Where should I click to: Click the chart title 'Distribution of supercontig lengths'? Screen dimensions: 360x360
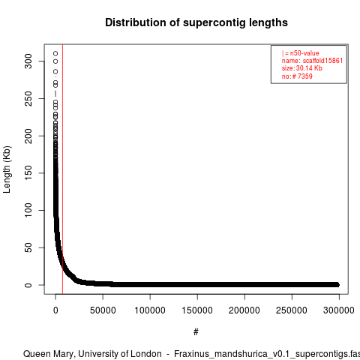tap(196, 22)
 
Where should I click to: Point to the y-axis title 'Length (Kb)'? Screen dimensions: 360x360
tap(7, 169)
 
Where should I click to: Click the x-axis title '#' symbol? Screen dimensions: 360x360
tap(196, 332)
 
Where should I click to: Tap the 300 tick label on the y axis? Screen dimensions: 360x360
tap(28, 61)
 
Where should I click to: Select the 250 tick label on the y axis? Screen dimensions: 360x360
tap(28, 98)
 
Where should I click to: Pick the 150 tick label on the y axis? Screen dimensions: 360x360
tap(28, 173)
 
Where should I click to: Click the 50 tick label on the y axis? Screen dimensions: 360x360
tap(28, 247)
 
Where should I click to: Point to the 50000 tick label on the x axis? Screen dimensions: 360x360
tap(103, 310)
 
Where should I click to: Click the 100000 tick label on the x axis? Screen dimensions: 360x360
tap(150, 310)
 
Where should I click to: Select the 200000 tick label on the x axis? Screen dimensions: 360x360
tap(244, 310)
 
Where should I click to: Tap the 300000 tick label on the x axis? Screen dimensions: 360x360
tap(339, 310)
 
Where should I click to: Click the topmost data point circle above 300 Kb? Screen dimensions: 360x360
tap(55, 53)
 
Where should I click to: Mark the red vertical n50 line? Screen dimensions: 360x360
tap(62, 169)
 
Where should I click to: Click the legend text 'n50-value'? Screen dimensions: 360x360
tap(304, 53)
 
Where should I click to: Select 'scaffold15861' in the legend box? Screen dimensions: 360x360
tap(322, 61)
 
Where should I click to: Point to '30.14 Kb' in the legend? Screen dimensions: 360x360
tap(309, 68)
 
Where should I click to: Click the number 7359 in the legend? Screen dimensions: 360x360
tap(305, 76)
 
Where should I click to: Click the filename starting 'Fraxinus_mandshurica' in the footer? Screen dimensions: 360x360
tap(267, 354)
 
